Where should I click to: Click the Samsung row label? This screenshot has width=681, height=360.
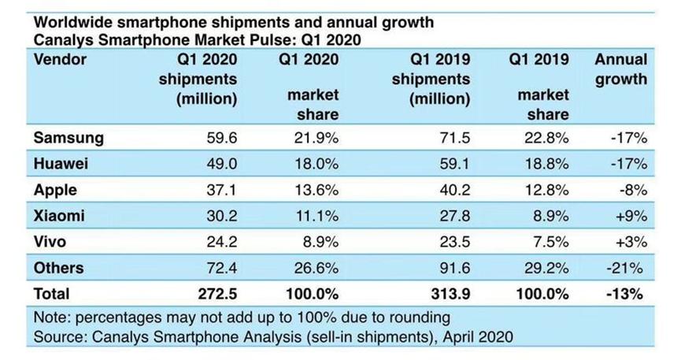tap(68, 138)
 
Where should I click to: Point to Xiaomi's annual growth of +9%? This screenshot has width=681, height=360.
tap(630, 216)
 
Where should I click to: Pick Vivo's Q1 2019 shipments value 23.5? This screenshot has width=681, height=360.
tap(454, 242)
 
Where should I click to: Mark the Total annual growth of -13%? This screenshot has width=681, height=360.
tap(627, 294)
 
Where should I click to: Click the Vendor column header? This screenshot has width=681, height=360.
tap(60, 60)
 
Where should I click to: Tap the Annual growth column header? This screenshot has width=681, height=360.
tap(620, 69)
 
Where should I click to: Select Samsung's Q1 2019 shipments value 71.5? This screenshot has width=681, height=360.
tap(454, 138)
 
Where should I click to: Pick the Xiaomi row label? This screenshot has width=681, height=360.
tap(59, 216)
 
